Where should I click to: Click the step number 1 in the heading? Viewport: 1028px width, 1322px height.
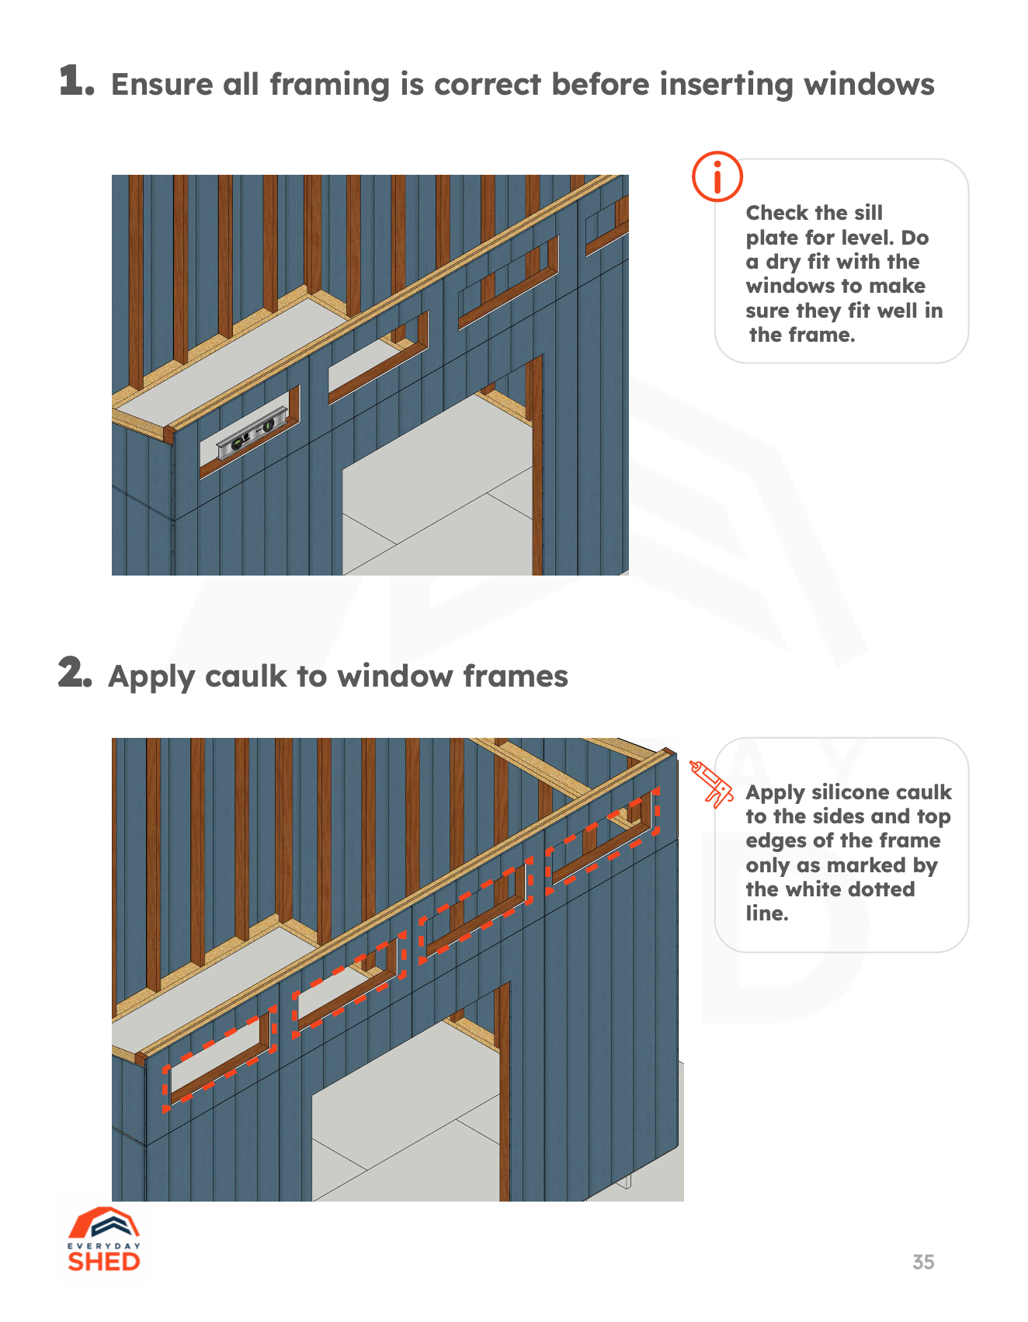pos(77,81)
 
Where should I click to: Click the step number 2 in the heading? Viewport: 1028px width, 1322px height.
pos(75,672)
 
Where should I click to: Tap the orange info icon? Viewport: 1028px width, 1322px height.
pos(717,176)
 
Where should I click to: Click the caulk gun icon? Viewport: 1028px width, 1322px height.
pos(710,784)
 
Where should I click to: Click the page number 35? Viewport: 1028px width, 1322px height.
pos(922,1262)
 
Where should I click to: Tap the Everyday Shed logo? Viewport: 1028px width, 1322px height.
pos(103,1240)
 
